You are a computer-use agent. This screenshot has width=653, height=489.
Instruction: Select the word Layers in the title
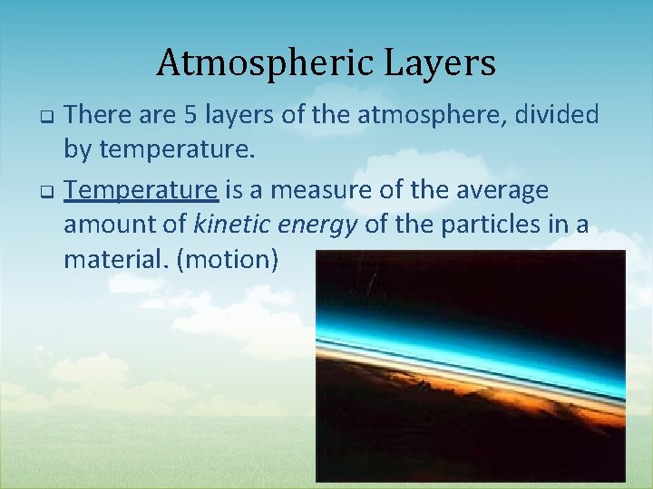(444, 63)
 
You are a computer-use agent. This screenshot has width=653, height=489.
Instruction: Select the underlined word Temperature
(142, 189)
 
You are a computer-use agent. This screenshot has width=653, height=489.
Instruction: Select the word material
(116, 260)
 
